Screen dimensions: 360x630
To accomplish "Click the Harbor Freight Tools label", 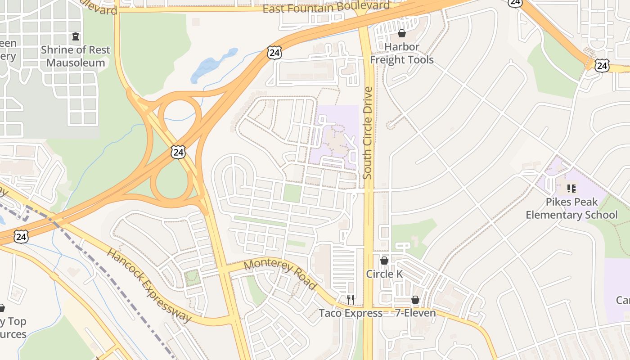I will pyautogui.click(x=402, y=53).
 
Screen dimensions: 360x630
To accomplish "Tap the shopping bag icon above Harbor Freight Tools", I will pyautogui.click(x=402, y=33).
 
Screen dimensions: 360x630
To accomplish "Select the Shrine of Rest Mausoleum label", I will pyautogui.click(x=76, y=56).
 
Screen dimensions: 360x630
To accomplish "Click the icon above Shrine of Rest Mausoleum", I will pyautogui.click(x=76, y=36).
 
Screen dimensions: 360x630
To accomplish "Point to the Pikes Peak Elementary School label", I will pyautogui.click(x=571, y=208).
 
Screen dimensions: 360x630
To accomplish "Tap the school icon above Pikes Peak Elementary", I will pyautogui.click(x=571, y=188).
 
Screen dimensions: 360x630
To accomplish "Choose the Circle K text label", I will pyautogui.click(x=384, y=274).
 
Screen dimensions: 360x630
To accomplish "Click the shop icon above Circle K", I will pyautogui.click(x=384, y=261).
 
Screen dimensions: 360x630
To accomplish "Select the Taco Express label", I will pyautogui.click(x=351, y=313).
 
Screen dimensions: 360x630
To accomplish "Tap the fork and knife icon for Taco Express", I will pyautogui.click(x=351, y=299).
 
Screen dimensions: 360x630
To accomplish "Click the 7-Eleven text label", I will pyautogui.click(x=415, y=313).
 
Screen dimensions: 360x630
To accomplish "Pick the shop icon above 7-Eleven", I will pyautogui.click(x=415, y=299).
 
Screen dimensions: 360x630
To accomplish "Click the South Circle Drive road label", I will pyautogui.click(x=368, y=133).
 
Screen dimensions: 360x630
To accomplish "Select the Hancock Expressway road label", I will pyautogui.click(x=149, y=285).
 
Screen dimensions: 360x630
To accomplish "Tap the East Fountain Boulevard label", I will pyautogui.click(x=326, y=7).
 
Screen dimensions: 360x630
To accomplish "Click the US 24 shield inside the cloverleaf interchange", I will pyautogui.click(x=178, y=152).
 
